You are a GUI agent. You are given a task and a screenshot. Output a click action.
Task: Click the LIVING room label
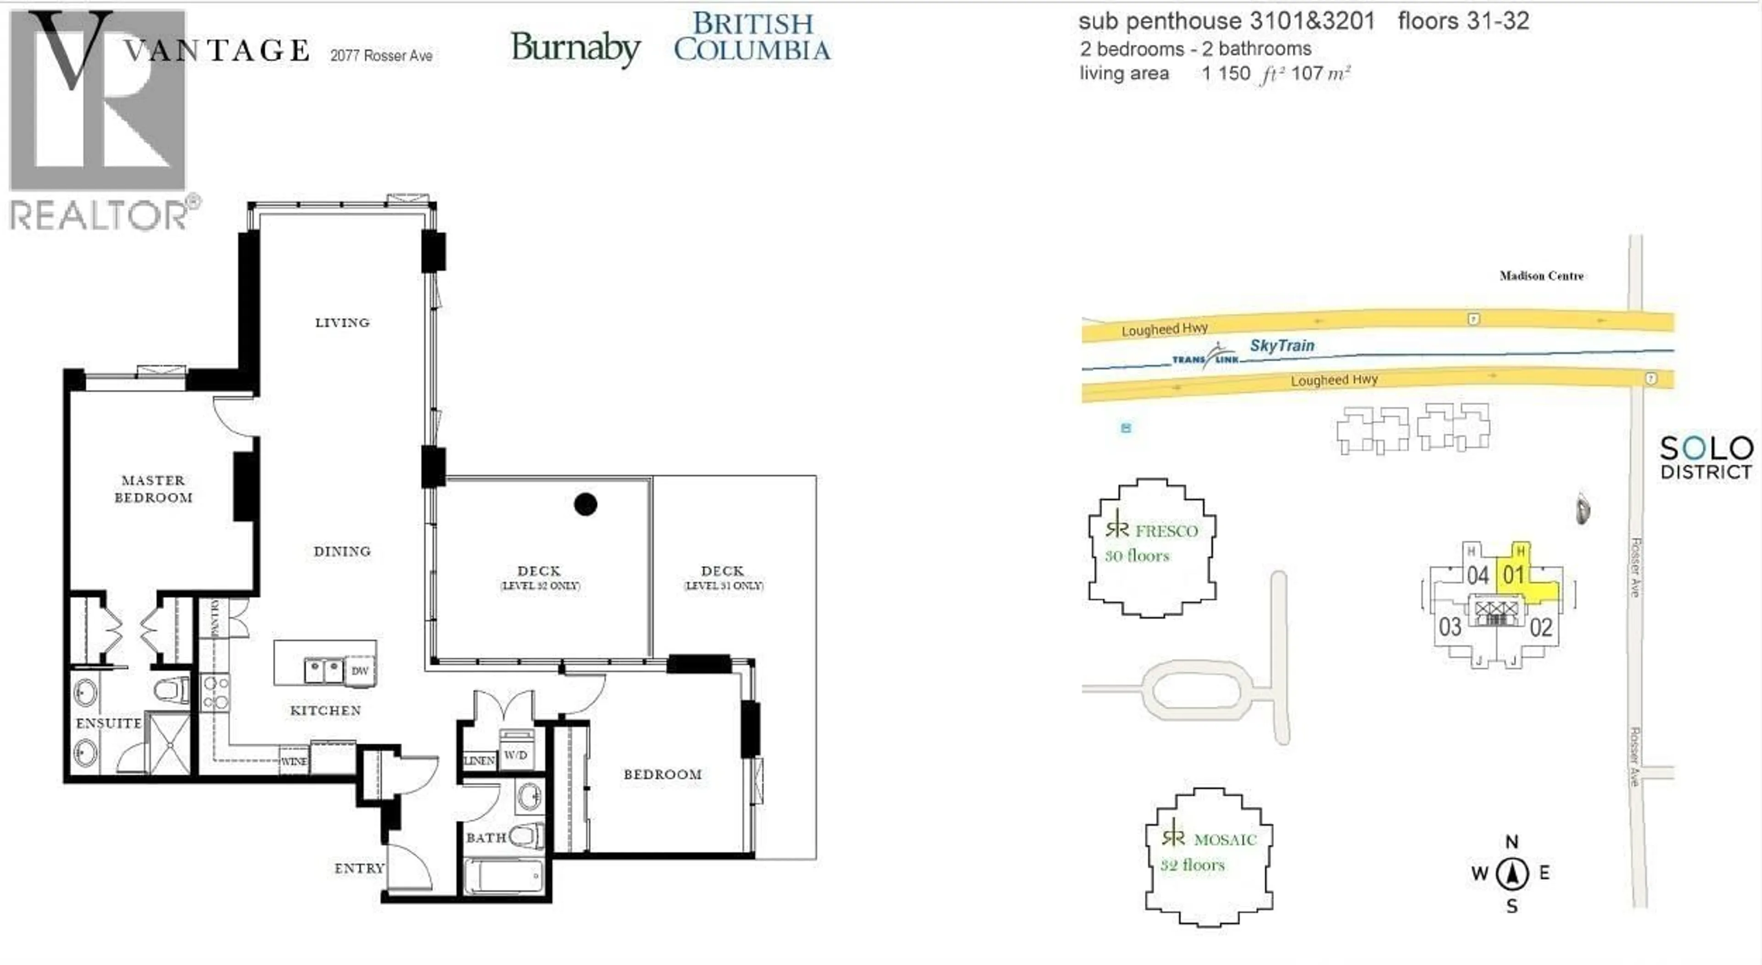point(342,322)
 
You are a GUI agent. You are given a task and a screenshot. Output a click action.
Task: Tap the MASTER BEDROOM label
point(153,488)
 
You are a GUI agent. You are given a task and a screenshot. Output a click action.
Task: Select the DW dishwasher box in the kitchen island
point(360,670)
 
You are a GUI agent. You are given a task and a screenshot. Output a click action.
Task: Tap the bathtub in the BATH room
point(504,876)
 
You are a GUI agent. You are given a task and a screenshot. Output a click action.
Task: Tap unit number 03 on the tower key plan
point(1450,626)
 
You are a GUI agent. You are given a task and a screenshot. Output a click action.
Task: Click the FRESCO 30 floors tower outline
point(1152,547)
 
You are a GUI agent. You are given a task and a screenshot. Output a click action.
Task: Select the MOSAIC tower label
point(1224,839)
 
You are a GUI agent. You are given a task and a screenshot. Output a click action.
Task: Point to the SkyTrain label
point(1282,346)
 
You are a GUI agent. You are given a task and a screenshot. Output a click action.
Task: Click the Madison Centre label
point(1541,276)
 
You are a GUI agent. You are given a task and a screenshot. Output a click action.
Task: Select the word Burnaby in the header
point(575,48)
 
